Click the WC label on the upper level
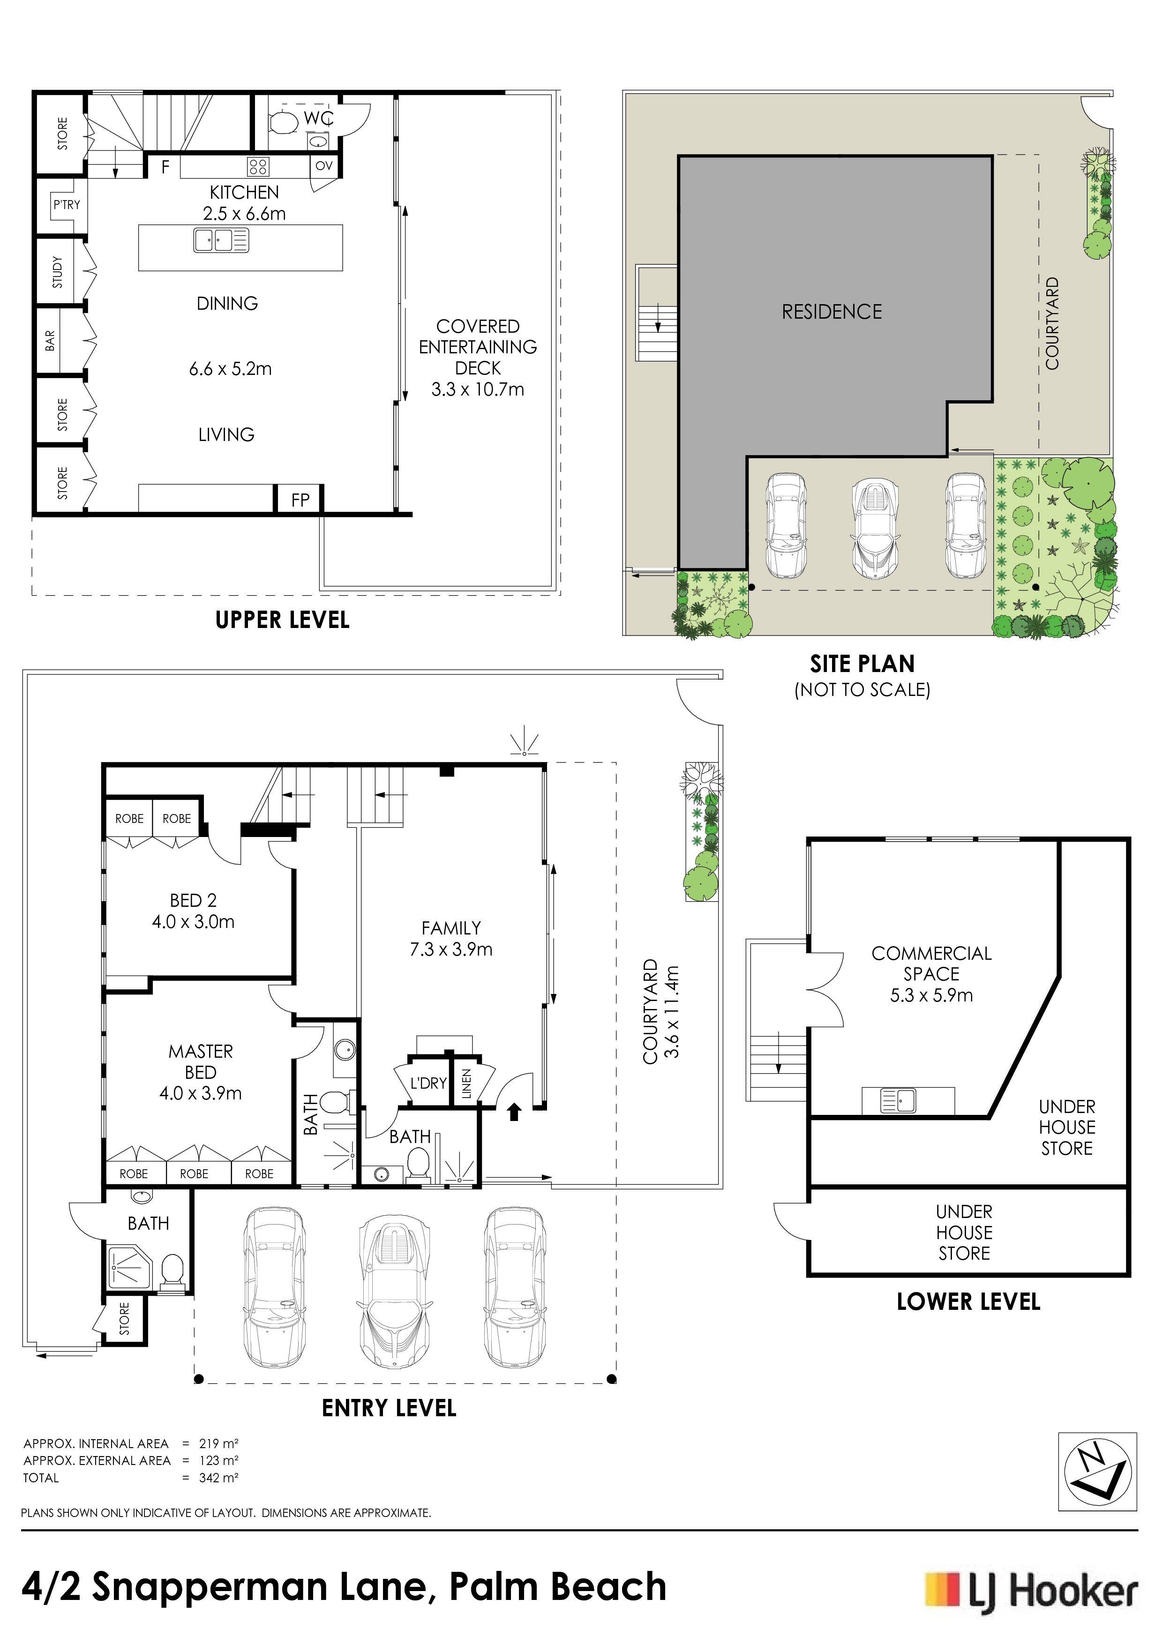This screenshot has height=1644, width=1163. pos(319,118)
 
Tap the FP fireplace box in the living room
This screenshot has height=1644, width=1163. pos(300,499)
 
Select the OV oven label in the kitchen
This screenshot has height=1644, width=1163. pos(324,165)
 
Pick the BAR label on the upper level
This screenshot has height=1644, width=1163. pos(50,340)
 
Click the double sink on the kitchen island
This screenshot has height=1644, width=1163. pos(221,240)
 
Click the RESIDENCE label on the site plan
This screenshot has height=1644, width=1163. pos(832,312)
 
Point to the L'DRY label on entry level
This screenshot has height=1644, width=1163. pos(428,1083)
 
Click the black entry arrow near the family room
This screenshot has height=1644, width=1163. pos(513,1111)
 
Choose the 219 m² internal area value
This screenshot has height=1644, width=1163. pos(218,1443)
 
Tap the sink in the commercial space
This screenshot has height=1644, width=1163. pos(898,1100)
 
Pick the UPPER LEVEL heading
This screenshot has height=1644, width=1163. pos(282,620)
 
